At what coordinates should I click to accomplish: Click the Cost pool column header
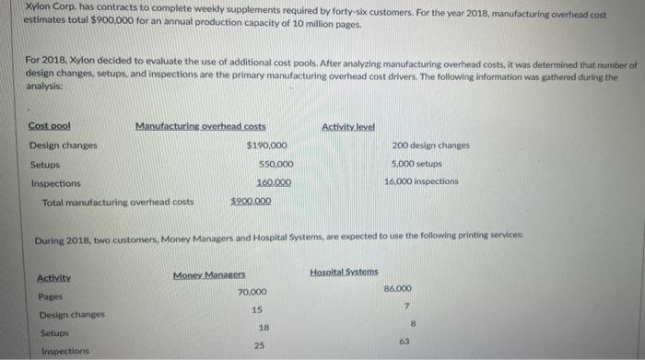[x=50, y=126]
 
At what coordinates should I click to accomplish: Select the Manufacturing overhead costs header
[x=201, y=126]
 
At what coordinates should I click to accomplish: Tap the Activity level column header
[x=348, y=126]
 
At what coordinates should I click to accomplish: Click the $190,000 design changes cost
[x=267, y=145]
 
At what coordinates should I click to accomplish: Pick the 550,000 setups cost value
[x=276, y=164]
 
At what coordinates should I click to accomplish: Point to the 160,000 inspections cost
[x=275, y=182]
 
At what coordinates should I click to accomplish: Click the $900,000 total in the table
[x=250, y=201]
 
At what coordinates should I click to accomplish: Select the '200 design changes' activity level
[x=430, y=145]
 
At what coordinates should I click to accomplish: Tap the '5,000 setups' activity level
[x=416, y=164]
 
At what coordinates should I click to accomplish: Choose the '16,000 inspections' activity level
[x=421, y=181]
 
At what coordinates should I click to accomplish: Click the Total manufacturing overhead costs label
[x=118, y=201]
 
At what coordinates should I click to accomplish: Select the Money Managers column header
[x=209, y=275]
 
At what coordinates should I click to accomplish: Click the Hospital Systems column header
[x=344, y=272]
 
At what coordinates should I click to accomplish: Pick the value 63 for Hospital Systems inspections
[x=404, y=341]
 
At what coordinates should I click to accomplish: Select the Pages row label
[x=51, y=296]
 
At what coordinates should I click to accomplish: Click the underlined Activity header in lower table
[x=54, y=277]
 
